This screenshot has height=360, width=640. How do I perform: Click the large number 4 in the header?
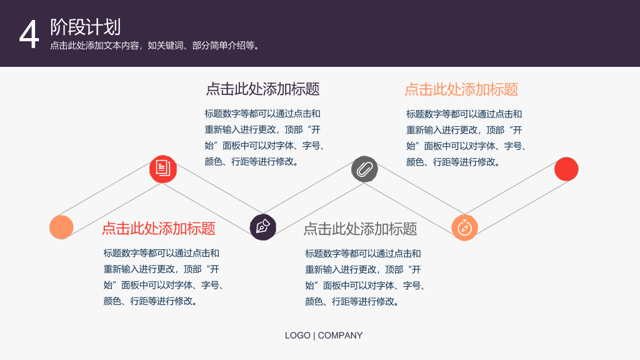[x=29, y=35]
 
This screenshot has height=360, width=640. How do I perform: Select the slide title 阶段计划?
[x=85, y=27]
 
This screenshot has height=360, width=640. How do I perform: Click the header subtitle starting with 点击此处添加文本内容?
[x=155, y=46]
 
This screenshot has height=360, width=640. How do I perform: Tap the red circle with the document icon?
[x=163, y=169]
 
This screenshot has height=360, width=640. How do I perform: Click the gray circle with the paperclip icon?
[x=364, y=169]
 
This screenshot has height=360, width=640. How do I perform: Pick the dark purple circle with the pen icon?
[x=263, y=227]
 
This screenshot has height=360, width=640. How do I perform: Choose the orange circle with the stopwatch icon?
[x=464, y=227]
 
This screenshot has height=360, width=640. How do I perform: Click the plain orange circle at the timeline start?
[x=61, y=227]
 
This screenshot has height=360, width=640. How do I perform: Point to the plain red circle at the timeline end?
[x=566, y=169]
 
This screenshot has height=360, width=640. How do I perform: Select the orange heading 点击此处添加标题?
[x=461, y=89]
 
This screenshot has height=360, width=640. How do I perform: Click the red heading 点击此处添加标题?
[x=158, y=229]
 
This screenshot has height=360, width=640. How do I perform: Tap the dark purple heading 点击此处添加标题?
[x=262, y=89]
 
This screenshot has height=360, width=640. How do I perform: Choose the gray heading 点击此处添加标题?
[x=360, y=229]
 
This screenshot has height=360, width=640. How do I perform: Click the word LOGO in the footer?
[x=297, y=336]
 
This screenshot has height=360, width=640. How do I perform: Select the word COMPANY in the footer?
[x=340, y=336]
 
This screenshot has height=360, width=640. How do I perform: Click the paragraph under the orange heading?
[x=466, y=138]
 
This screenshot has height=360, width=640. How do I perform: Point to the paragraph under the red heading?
[x=163, y=277]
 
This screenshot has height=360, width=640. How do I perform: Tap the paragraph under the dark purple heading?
[x=264, y=137]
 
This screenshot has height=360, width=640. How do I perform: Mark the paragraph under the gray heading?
[x=364, y=277]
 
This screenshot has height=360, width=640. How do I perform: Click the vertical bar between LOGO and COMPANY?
[x=314, y=336]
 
